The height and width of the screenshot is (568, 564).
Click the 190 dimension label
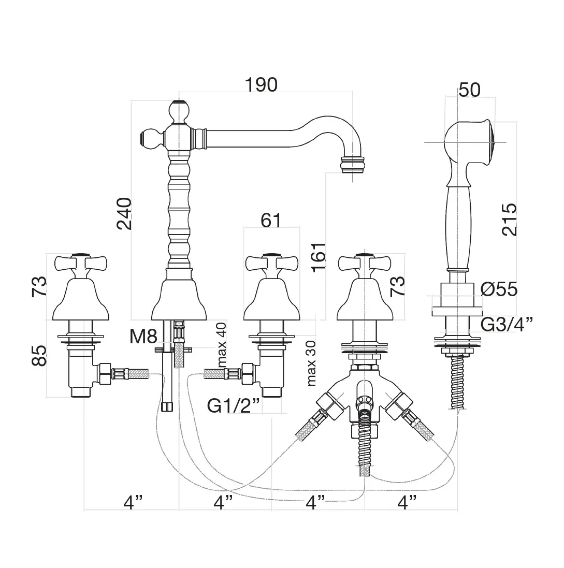pos(262,84)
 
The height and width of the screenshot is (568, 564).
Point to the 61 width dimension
pos(271,220)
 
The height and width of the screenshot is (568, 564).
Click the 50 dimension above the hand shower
pos(470,90)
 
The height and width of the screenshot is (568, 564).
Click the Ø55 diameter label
pos(499,289)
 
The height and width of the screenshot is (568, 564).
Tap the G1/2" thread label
pos(233,405)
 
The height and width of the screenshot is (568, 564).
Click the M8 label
pos(143,338)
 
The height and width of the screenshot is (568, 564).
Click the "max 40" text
pos(222,344)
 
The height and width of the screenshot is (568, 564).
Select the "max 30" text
pos(311,364)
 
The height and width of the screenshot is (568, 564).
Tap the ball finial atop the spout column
pos(179,110)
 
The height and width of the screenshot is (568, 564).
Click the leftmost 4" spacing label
pos(132,502)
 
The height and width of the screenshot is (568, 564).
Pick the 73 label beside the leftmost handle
pos(39,286)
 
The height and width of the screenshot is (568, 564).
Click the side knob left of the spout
pos(150,138)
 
